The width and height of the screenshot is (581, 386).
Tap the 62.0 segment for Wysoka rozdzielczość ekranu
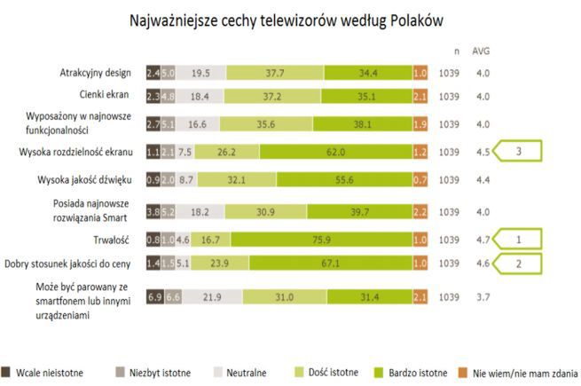pyautogui.click(x=334, y=152)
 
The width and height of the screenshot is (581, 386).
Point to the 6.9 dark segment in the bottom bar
pyautogui.click(x=153, y=296)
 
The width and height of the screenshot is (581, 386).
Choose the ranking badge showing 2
pyautogui.click(x=526, y=263)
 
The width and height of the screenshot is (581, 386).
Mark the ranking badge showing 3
pyautogui.click(x=526, y=152)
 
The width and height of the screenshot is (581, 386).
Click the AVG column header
pyautogui.click(x=481, y=50)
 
